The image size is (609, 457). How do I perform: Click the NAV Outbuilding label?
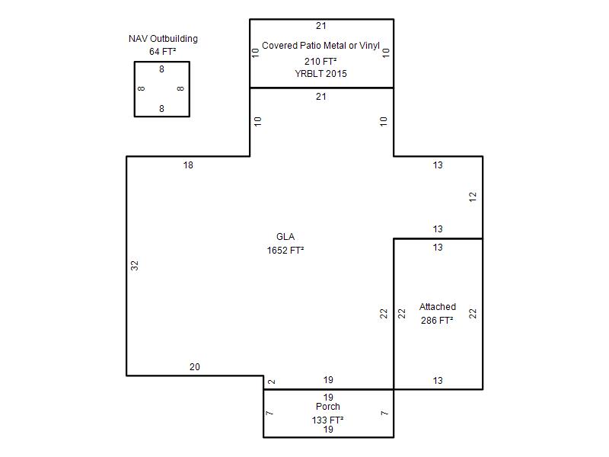[163, 39]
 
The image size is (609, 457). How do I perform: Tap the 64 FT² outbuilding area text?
[163, 51]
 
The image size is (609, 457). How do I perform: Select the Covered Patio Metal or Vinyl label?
[320, 46]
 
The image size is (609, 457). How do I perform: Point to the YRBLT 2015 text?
[320, 73]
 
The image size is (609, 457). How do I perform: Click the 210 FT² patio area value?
[320, 62]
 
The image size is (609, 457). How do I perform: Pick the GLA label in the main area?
[285, 237]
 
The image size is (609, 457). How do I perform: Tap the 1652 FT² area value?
[285, 251]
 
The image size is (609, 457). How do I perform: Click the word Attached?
[438, 307]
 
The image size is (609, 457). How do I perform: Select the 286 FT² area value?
[437, 320]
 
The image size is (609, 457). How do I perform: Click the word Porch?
[328, 407]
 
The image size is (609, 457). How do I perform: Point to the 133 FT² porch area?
[328, 420]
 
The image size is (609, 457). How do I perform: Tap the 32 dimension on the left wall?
[135, 265]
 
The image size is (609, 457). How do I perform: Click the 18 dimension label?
[188, 165]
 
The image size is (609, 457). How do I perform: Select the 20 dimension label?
[195, 367]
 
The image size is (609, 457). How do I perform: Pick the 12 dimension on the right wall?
[472, 197]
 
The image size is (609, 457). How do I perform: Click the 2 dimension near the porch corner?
[272, 382]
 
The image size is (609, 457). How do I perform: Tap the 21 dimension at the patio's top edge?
[320, 26]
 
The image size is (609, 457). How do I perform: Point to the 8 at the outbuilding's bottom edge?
[161, 109]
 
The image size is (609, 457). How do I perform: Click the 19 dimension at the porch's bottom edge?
[328, 430]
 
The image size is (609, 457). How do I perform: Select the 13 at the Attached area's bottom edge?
[438, 380]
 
